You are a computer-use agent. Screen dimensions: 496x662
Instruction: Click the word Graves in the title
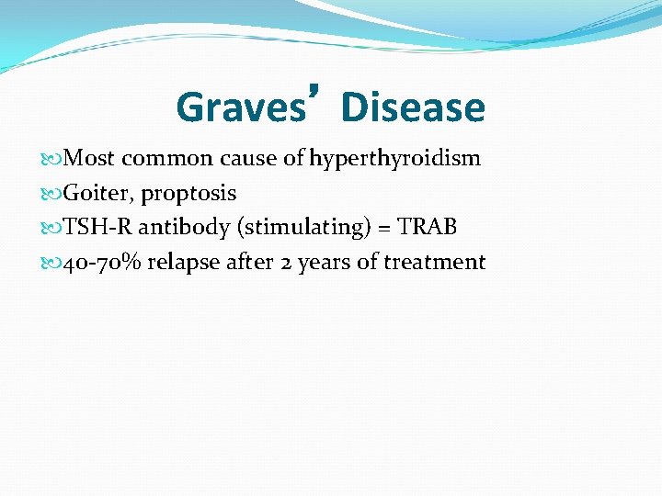point(240,107)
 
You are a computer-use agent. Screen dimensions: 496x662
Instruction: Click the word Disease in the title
point(413,107)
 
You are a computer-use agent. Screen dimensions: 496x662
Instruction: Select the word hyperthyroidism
point(394,159)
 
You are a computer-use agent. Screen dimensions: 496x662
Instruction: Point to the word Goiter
point(97,194)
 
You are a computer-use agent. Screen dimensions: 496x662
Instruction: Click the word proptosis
point(188,194)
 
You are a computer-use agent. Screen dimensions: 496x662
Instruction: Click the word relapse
point(181,263)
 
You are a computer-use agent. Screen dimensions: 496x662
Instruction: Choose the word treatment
point(434,263)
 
